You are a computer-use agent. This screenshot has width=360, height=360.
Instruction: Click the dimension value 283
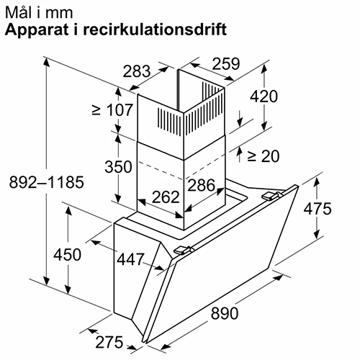click(137, 71)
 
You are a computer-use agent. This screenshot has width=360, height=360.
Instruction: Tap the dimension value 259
click(226, 63)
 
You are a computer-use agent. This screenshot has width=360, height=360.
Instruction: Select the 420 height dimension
click(264, 96)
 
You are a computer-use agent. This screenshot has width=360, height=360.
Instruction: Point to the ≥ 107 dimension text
click(112, 110)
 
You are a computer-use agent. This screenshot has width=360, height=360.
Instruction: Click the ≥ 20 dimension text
click(264, 156)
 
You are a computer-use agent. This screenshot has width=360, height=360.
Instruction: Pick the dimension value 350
click(118, 167)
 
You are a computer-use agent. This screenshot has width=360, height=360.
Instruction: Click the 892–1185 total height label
click(47, 182)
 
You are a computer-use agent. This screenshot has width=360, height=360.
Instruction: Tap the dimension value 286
click(201, 185)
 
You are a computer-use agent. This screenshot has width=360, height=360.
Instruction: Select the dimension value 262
click(166, 197)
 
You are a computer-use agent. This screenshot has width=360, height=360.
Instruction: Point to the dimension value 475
click(318, 208)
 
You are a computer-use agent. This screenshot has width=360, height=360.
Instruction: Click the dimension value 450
click(67, 254)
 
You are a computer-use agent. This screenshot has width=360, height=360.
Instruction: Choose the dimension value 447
click(131, 259)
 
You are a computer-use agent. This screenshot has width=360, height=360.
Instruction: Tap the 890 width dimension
click(225, 313)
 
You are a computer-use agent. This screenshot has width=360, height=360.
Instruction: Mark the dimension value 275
click(109, 342)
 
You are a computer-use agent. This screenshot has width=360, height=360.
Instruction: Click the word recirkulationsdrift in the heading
click(155, 30)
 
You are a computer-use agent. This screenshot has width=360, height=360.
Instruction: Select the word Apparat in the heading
click(37, 30)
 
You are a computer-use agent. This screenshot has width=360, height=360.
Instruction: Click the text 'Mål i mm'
click(39, 12)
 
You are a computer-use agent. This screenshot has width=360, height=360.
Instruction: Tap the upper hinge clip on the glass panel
click(271, 196)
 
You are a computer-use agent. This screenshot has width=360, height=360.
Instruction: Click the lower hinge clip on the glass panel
click(183, 250)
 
